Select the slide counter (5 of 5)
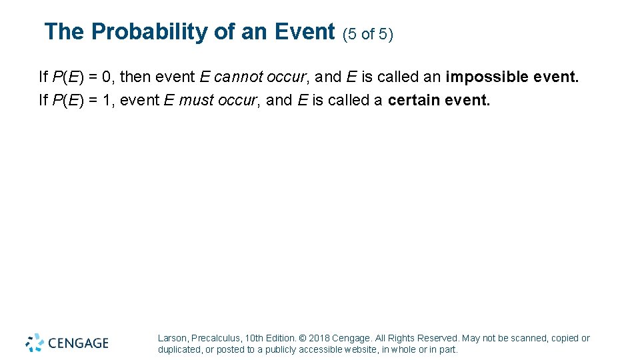[367, 34]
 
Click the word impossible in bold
[487, 77]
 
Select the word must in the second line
[193, 100]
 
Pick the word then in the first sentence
[136, 77]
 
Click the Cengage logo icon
[35, 343]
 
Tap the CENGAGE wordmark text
[77, 343]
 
